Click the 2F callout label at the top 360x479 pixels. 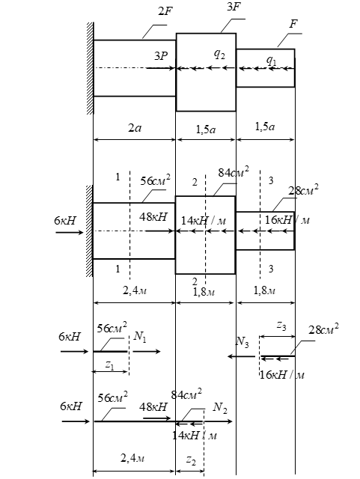coord(165,11)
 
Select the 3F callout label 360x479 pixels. coord(234,7)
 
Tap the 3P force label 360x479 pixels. coord(161,56)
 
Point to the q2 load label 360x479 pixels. coord(220,55)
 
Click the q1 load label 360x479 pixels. coord(271,60)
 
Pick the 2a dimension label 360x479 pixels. coord(135,127)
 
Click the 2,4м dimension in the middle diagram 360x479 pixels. coord(135,290)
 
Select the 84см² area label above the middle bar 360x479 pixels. coord(234,172)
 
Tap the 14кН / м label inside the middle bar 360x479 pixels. coord(204,220)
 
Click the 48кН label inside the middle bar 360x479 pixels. coord(153,217)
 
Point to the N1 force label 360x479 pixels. coord(140,337)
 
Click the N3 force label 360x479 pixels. coord(242,342)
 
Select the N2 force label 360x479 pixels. coord(220,407)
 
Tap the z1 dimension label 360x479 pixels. coord(110,365)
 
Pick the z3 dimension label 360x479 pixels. coord(281,326)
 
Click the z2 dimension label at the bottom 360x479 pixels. coord(191,460)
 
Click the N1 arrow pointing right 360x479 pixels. coord(147,352)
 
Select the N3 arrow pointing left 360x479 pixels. coord(241,356)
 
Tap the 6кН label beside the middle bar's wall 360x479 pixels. coord(65,220)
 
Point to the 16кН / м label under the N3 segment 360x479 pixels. coord(282,375)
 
